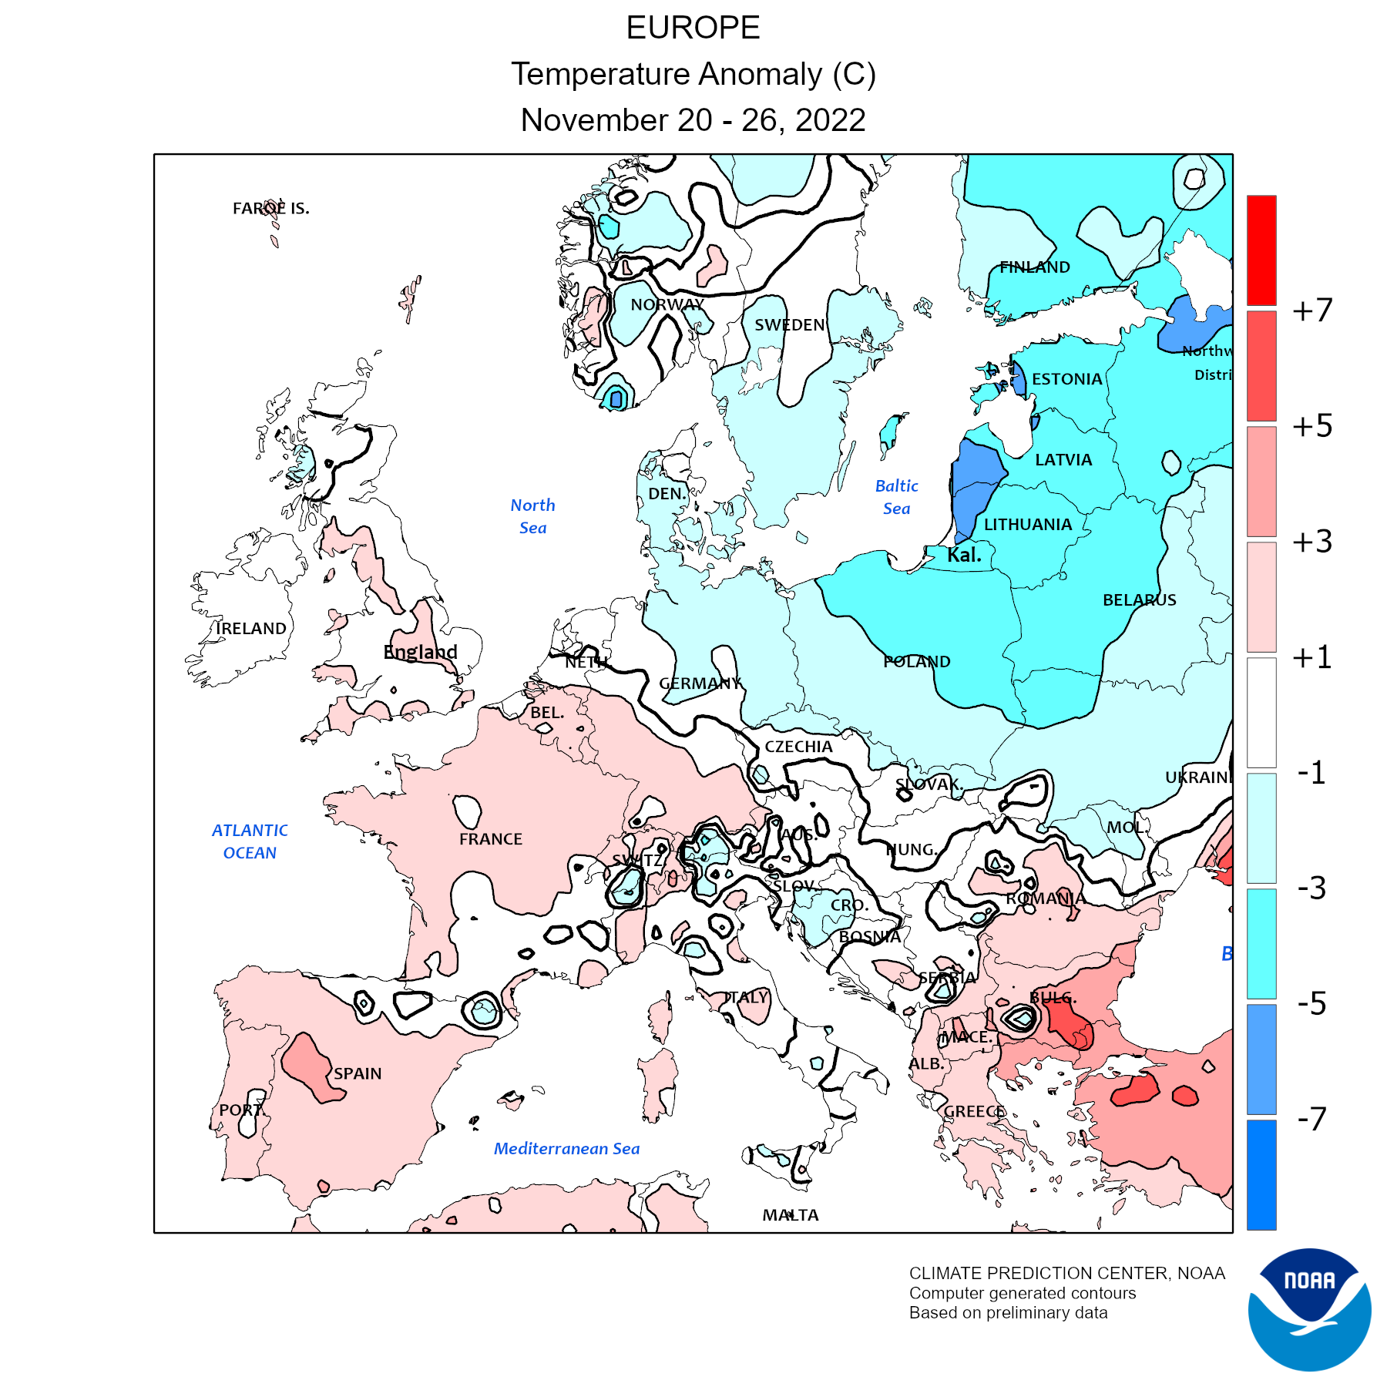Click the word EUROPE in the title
693,29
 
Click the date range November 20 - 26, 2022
693,120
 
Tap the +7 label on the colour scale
1312,310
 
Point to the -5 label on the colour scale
1312,1003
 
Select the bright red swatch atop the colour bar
1261,250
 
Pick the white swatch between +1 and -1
1261,712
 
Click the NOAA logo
1309,1309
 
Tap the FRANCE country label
491,839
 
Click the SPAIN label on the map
358,1073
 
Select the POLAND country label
917,661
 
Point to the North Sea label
532,516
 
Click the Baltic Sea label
897,497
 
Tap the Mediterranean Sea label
566,1149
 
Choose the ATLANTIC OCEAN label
250,841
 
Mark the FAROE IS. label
271,209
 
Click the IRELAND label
251,629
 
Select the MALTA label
791,1215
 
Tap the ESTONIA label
1067,379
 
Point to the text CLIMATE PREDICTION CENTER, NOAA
1066,1274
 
